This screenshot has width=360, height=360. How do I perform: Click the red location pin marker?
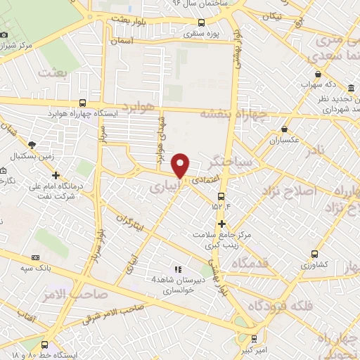[181, 165]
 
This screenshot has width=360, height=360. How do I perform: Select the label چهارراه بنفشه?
[233, 113]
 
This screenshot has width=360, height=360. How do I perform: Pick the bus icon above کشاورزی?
[314, 254]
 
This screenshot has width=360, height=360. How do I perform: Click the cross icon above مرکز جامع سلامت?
[221, 223]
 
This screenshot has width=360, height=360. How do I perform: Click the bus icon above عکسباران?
[284, 129]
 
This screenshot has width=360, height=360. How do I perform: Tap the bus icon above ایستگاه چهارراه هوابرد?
[83, 102]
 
